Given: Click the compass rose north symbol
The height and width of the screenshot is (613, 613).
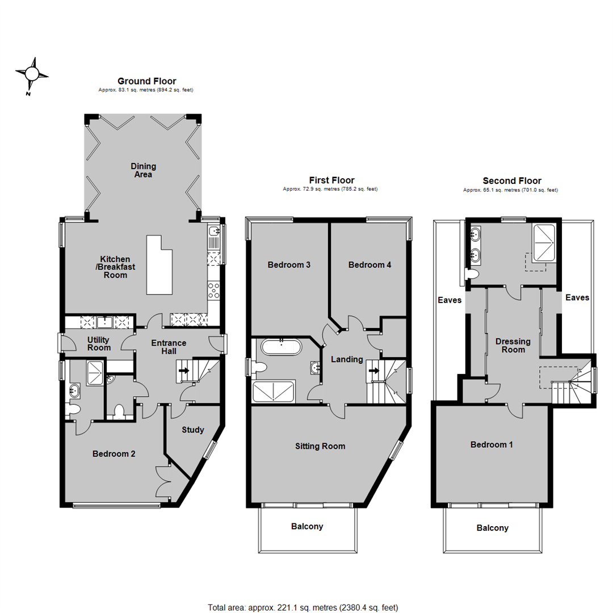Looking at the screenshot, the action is tap(32, 73).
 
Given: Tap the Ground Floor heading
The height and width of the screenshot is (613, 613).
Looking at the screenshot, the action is tap(146, 81).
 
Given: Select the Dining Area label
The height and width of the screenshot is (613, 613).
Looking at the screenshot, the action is tap(143, 170).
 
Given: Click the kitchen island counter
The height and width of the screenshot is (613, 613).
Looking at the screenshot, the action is tap(159, 264).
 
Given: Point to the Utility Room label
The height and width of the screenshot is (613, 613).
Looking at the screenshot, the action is tap(99, 343).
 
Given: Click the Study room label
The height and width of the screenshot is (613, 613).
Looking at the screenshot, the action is tap(193, 430).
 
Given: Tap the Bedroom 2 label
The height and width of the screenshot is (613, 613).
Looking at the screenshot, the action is tap(114, 454).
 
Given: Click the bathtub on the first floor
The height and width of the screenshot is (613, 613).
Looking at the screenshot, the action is tap(281, 347).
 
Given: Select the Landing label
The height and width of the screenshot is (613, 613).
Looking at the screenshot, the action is tap(347, 359).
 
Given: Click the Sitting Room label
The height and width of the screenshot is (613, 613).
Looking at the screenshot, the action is tap(320, 446).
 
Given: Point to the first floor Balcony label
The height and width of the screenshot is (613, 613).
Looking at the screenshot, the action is tap(307, 526).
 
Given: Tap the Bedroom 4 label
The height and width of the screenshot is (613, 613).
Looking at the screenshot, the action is tap(370, 264).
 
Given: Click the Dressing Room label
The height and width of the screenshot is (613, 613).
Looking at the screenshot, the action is tap(513, 346).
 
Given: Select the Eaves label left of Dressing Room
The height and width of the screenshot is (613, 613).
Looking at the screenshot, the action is tap(450, 300).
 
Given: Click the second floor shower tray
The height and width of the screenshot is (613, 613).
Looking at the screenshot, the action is tap(544, 242).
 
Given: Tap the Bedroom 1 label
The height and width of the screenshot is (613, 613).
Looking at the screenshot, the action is tap(492, 444).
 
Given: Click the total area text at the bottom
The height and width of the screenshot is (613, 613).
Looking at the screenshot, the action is tap(303, 607).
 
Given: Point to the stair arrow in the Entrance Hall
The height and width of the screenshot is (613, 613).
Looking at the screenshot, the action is tap(184, 370).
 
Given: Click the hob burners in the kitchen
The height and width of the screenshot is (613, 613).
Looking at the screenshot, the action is tap(213, 291).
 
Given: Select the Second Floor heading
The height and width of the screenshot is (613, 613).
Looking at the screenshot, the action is tap(512, 180).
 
